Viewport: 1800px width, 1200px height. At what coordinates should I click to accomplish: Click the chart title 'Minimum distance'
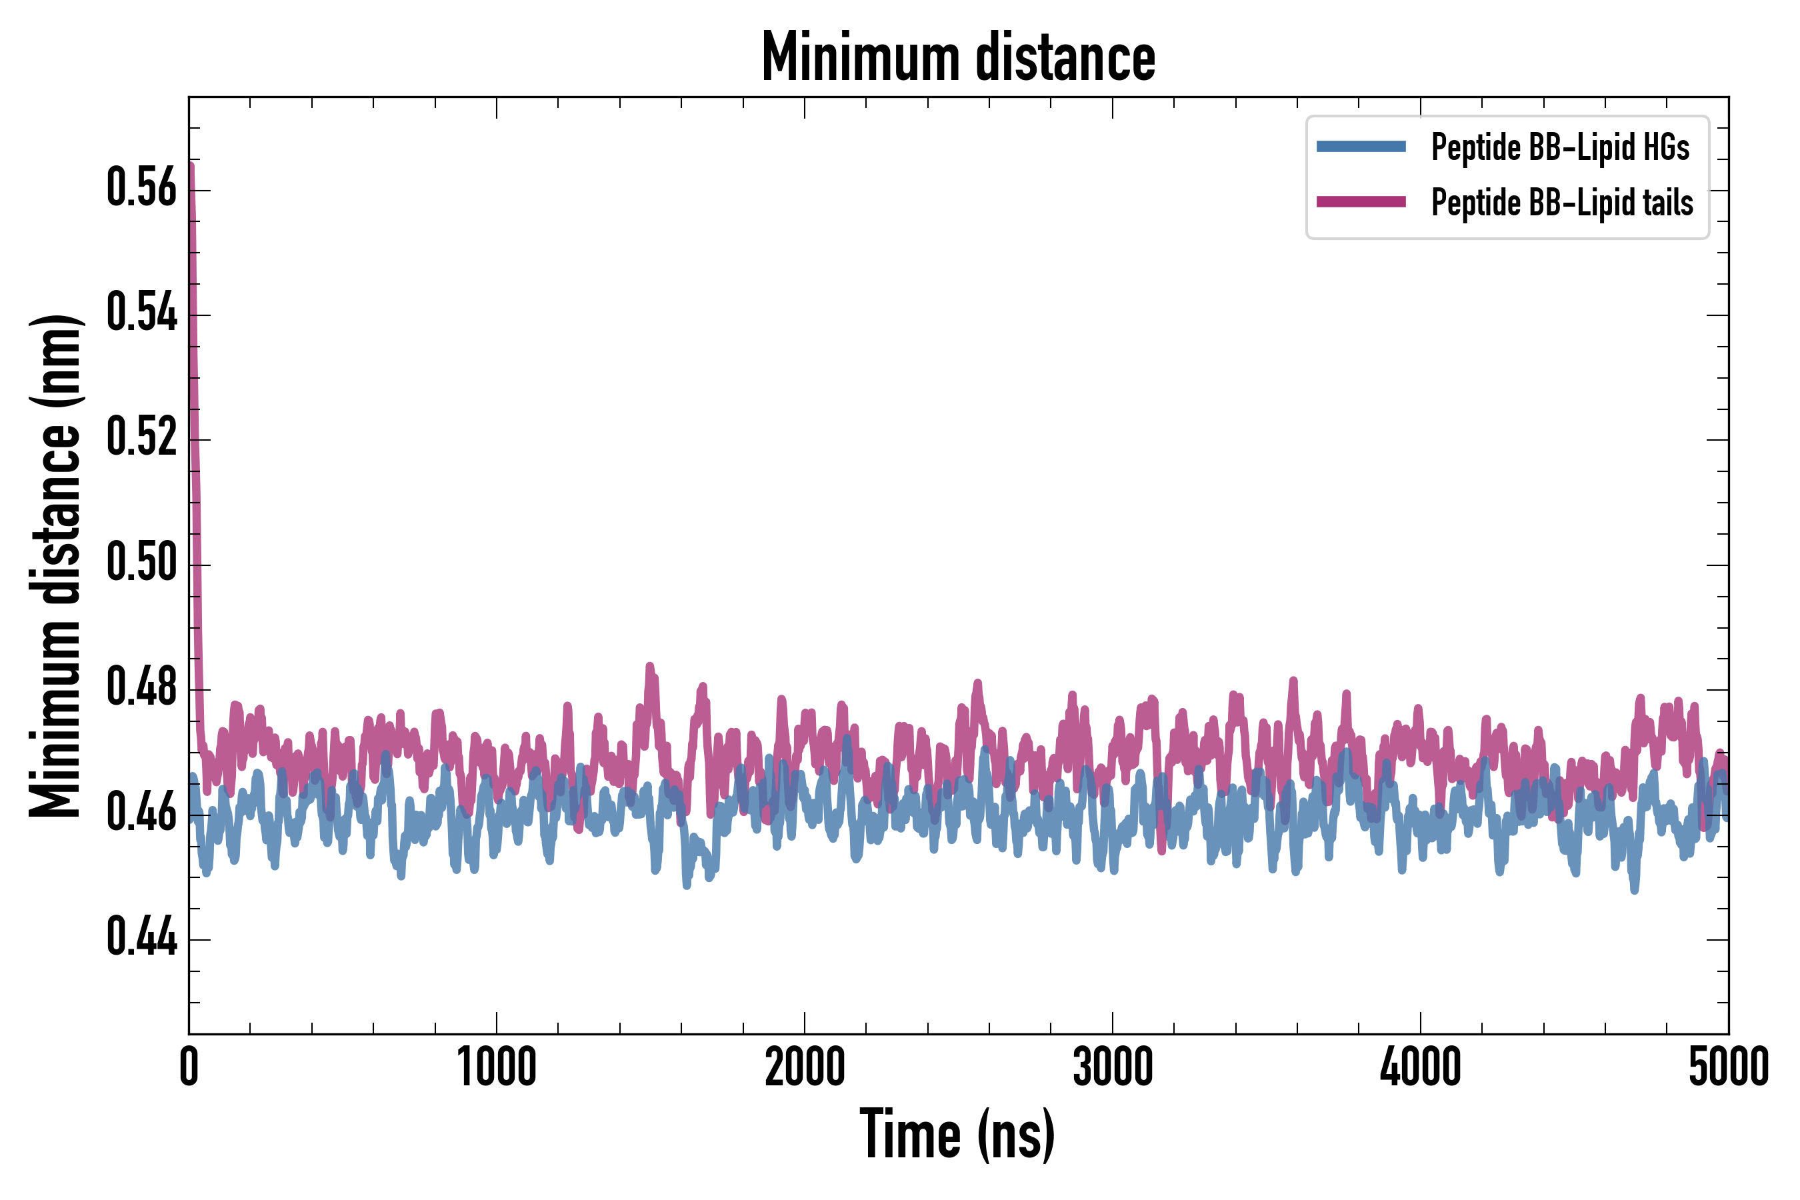click(958, 57)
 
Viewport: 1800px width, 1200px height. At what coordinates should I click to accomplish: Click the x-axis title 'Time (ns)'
click(957, 1135)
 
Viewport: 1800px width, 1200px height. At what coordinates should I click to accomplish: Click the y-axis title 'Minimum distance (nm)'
click(55, 565)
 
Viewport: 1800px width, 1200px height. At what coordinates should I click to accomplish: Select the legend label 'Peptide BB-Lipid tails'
click(1562, 203)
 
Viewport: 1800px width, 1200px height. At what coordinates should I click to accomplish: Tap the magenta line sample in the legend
click(1361, 202)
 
